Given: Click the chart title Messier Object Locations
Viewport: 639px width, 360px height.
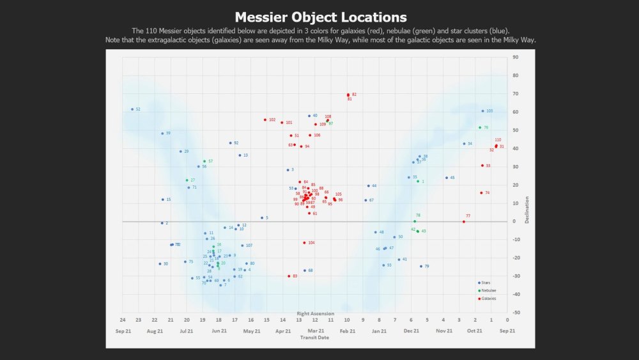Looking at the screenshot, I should (320, 17).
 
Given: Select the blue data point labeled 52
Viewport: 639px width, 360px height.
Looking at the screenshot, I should (132, 109).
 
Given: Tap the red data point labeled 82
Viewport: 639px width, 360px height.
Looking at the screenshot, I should (348, 95).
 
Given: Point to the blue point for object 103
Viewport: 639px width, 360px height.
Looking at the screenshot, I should (482, 111).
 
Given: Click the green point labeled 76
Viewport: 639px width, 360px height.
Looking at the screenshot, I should (480, 127).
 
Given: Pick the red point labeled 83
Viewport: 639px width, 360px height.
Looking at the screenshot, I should (289, 276).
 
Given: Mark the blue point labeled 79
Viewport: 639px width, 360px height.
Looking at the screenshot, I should (421, 266).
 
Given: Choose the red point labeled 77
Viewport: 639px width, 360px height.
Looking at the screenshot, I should (463, 222).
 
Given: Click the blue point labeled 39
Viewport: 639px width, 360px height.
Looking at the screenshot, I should (162, 134).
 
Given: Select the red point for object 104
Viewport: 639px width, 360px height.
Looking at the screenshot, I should (304, 243).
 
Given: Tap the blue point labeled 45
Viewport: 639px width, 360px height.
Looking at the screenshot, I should (447, 178).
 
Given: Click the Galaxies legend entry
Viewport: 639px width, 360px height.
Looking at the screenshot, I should (488, 299).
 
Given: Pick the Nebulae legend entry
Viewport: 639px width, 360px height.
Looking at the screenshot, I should (488, 291).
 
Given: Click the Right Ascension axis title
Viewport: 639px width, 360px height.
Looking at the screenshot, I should (315, 313).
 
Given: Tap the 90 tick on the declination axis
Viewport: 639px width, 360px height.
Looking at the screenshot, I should (514, 58).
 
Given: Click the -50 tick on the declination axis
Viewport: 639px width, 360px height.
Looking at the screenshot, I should (514, 313).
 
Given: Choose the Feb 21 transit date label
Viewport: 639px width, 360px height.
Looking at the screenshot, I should (347, 331).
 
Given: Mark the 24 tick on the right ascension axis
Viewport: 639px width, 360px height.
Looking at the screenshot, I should (123, 320).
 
